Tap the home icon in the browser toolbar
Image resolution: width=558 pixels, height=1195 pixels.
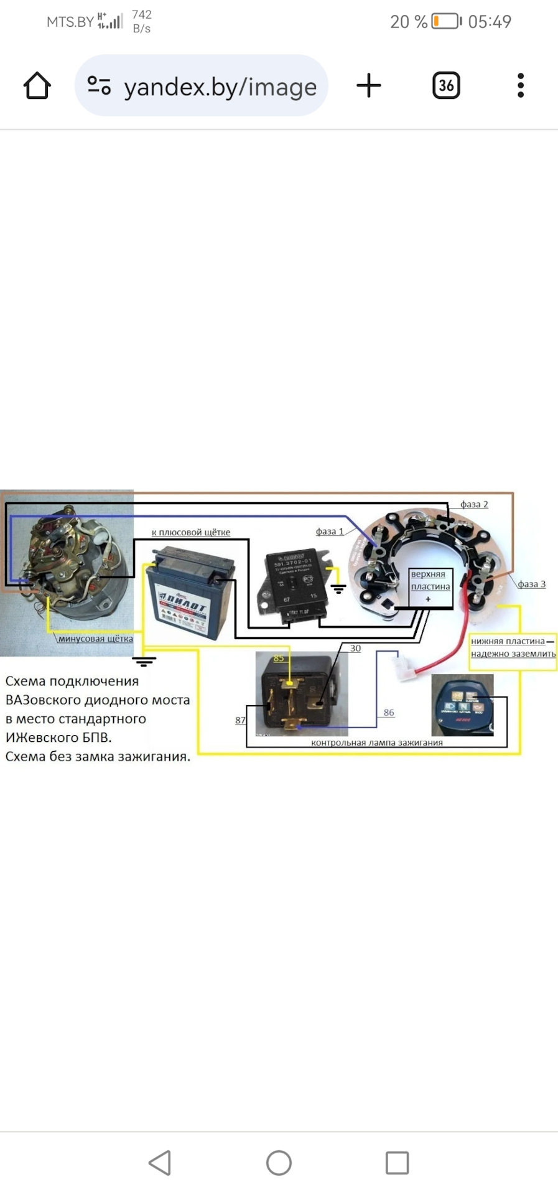[37, 86]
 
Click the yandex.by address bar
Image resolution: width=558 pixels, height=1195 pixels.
[202, 86]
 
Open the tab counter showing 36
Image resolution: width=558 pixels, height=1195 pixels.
[446, 86]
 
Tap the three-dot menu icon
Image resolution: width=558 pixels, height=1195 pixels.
[521, 86]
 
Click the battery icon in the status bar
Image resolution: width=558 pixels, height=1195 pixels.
[447, 22]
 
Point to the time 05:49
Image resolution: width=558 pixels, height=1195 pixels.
[490, 22]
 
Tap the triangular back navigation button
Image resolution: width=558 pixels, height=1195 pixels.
[160, 1163]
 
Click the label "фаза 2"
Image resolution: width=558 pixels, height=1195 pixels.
[474, 505]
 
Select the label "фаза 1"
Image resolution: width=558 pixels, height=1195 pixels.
[329, 532]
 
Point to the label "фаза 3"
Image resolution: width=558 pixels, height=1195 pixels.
[531, 584]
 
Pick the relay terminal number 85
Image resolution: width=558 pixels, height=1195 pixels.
[278, 658]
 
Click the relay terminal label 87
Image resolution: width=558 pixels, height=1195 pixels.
[240, 720]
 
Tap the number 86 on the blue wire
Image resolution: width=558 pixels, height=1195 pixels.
[389, 713]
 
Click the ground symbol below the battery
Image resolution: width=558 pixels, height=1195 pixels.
[144, 661]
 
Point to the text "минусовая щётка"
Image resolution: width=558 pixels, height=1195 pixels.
[95, 639]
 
